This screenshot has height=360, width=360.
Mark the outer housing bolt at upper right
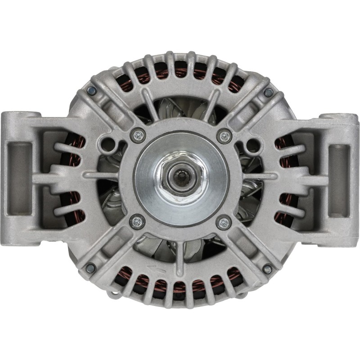tap(268, 92)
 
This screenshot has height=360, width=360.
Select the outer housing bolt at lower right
tap(267, 269)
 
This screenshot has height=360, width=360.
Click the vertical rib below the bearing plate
tap(180, 252)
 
